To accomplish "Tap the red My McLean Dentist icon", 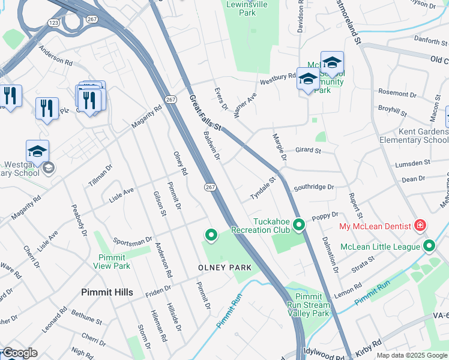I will pyautogui.click(x=421, y=226).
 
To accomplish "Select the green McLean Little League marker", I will pyautogui.click(x=429, y=247).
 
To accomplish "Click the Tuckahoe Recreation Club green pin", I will pyautogui.click(x=298, y=226).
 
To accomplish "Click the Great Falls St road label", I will pyautogui.click(x=205, y=112).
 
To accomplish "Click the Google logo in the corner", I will pyautogui.click(x=20, y=353).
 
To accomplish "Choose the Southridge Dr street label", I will pyautogui.click(x=313, y=187).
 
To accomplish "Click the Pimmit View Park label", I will pyautogui.click(x=114, y=262).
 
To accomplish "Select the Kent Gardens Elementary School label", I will pyautogui.click(x=414, y=136).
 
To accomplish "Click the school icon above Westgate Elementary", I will pyautogui.click(x=37, y=151).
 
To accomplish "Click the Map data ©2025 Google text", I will pyautogui.click(x=411, y=355).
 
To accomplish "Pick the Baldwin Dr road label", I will pyautogui.click(x=212, y=146).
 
